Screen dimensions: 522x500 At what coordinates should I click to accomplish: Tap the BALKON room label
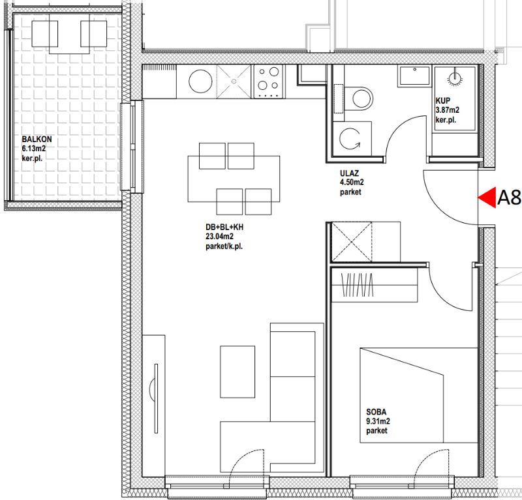pos(37,140)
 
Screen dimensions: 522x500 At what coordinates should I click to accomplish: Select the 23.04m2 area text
pos(219,237)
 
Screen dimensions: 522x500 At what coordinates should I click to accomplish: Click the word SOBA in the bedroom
pos(376,412)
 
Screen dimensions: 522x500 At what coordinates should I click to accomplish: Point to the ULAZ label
pos(349,173)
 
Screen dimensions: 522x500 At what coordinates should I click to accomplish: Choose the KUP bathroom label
pos(443,100)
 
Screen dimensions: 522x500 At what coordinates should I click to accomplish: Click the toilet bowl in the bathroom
pos(358,98)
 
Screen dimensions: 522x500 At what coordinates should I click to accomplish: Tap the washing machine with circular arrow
pos(352,139)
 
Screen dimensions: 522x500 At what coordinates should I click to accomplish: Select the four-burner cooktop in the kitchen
pos(268,81)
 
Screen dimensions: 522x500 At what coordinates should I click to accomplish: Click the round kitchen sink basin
pos(200,81)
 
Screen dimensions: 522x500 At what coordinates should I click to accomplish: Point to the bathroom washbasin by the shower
pos(414,76)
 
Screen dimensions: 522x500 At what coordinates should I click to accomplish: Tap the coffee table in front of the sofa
pos(238,372)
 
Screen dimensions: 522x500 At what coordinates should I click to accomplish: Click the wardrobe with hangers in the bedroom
pos(375,285)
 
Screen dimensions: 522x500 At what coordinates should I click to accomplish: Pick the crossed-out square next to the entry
pos(352,242)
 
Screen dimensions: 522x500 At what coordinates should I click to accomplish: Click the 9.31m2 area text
pos(378,421)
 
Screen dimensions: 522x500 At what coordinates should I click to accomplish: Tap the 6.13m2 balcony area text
pos(34,149)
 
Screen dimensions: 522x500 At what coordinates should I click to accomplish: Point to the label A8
pos(509,198)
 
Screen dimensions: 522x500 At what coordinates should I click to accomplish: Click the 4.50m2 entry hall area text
pos(352,183)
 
